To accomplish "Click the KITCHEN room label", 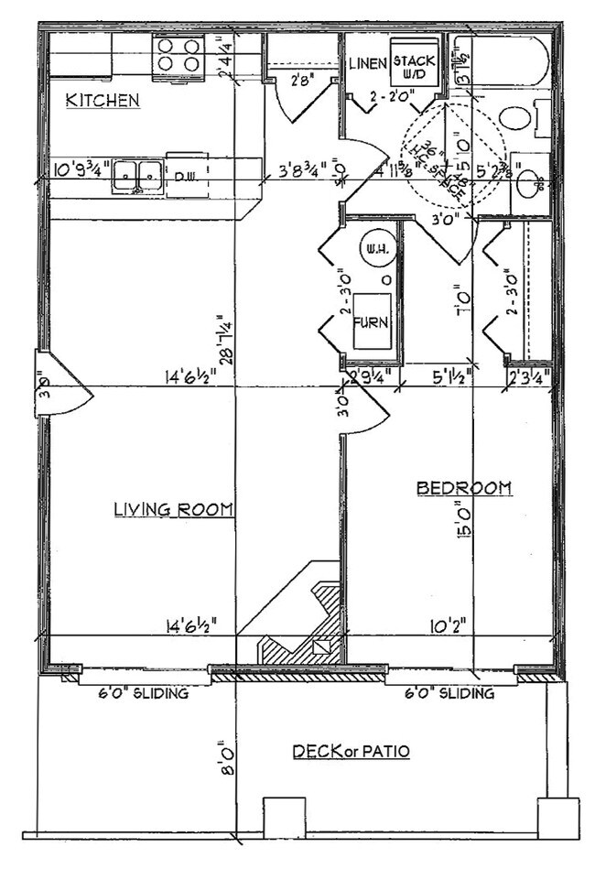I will [103, 100].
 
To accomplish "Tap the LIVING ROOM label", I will [173, 509].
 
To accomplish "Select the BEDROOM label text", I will [463, 488].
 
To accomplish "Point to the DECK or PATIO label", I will [351, 752].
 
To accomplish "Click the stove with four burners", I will [178, 55].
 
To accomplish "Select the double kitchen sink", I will [137, 176].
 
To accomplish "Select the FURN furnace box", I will [373, 321].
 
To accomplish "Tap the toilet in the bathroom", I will [518, 117].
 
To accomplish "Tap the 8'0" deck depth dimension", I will [222, 756].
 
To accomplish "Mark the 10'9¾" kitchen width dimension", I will [82, 169].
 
